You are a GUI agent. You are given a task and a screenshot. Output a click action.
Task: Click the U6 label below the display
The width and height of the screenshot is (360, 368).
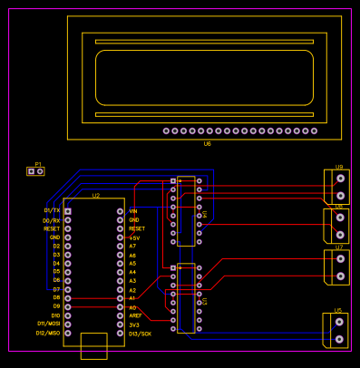pos(207,143)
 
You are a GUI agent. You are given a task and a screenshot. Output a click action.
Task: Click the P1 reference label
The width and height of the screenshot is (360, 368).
pos(38,165)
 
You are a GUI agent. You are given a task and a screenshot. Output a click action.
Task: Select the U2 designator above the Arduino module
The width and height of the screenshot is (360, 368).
pos(95,195)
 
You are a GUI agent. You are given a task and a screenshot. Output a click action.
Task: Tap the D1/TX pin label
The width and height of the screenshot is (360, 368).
pos(52,210)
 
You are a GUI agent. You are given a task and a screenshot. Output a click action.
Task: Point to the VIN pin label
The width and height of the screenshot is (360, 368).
pos(133,210)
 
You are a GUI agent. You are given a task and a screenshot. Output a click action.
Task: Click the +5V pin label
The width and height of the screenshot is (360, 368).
pos(134,237)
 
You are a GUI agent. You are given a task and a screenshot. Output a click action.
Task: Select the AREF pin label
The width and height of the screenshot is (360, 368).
pos(135,315)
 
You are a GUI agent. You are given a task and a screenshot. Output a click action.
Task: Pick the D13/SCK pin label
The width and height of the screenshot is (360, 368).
pos(140,334)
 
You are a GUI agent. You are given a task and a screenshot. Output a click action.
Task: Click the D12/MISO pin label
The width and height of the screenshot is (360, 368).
pos(48,334)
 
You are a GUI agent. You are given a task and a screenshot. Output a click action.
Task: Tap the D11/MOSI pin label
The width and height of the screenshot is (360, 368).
pos(48,324)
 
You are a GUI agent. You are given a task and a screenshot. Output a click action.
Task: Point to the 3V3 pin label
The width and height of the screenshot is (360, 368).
pos(134,324)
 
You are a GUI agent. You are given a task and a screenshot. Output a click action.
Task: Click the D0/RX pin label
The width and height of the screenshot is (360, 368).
pos(52,220)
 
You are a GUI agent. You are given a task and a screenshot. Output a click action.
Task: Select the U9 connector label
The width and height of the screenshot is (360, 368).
pos(338,167)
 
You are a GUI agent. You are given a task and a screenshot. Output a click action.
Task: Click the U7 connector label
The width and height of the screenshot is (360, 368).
pos(339,247)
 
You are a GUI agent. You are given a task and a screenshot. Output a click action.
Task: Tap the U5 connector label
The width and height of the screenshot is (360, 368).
pos(338,310)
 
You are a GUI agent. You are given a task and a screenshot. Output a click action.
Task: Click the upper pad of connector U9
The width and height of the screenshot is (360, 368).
pos(340,179)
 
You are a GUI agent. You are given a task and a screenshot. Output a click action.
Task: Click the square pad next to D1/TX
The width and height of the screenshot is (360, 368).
pos(68,211)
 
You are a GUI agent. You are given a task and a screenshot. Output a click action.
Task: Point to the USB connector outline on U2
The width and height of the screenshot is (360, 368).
pos(94,346)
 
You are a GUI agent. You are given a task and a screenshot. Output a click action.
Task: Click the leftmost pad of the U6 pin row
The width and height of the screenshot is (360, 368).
pos(166,131)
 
